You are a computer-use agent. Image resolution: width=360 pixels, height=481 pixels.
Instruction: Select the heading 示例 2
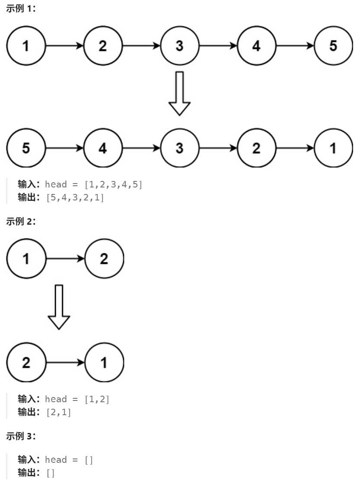point(21,222)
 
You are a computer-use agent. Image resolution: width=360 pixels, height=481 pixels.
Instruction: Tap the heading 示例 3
point(21,436)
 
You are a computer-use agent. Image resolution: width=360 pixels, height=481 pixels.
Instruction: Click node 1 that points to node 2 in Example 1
point(26,46)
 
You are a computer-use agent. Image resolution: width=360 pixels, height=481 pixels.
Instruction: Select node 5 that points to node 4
point(26,148)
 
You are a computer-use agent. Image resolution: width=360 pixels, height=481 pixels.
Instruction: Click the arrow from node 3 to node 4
point(219,46)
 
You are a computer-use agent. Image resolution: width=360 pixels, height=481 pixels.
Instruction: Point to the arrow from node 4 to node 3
point(141,148)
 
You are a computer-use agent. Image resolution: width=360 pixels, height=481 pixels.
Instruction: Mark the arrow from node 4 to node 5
point(295,46)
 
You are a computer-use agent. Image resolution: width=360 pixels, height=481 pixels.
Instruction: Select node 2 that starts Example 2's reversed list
point(26,362)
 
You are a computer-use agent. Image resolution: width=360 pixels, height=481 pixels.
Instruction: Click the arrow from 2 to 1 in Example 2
point(65,362)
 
